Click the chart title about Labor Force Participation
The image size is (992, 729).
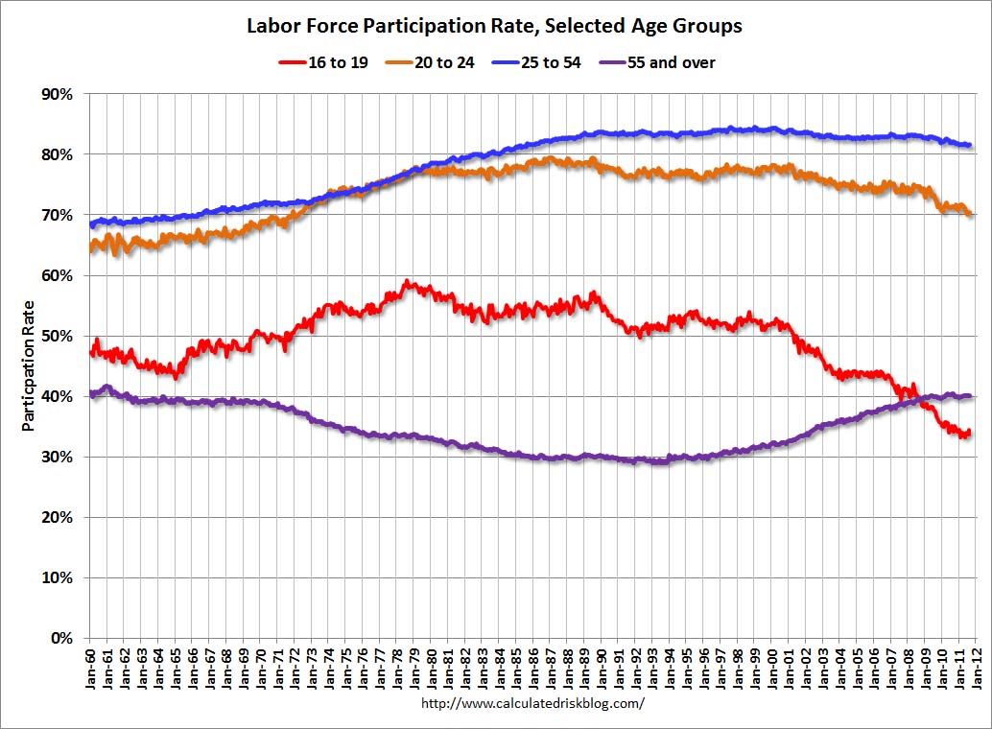coord(495,26)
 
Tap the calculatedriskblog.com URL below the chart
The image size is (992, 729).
coord(533,703)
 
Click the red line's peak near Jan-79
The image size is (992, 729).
coord(408,281)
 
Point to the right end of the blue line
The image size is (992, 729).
coord(971,146)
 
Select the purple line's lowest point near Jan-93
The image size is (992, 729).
coord(657,462)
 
